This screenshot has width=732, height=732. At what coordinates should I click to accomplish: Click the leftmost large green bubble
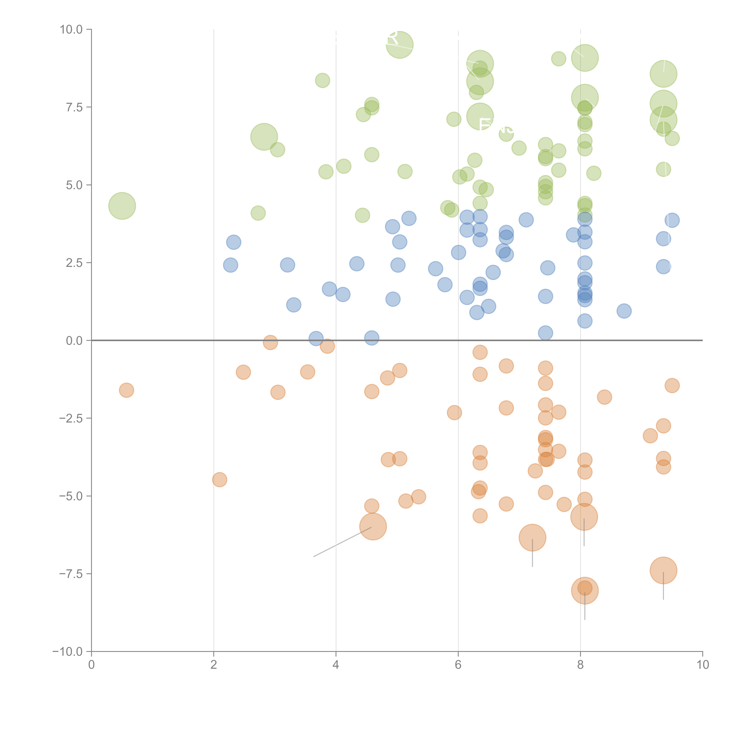[122, 206]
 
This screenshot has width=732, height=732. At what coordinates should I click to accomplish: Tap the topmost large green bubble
[399, 45]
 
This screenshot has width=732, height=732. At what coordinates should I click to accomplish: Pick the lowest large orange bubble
[585, 590]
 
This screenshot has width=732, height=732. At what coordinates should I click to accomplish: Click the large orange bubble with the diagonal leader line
[373, 526]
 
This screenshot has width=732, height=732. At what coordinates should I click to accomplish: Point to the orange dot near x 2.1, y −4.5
[219, 480]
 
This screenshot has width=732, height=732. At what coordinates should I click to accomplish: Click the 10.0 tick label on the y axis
[71, 30]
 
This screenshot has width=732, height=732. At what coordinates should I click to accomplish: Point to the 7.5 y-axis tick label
[74, 107]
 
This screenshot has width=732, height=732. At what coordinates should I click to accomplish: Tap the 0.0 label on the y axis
[74, 341]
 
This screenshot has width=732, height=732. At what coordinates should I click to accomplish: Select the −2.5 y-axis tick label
[71, 418]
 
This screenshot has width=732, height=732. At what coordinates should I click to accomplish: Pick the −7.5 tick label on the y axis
[71, 574]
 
